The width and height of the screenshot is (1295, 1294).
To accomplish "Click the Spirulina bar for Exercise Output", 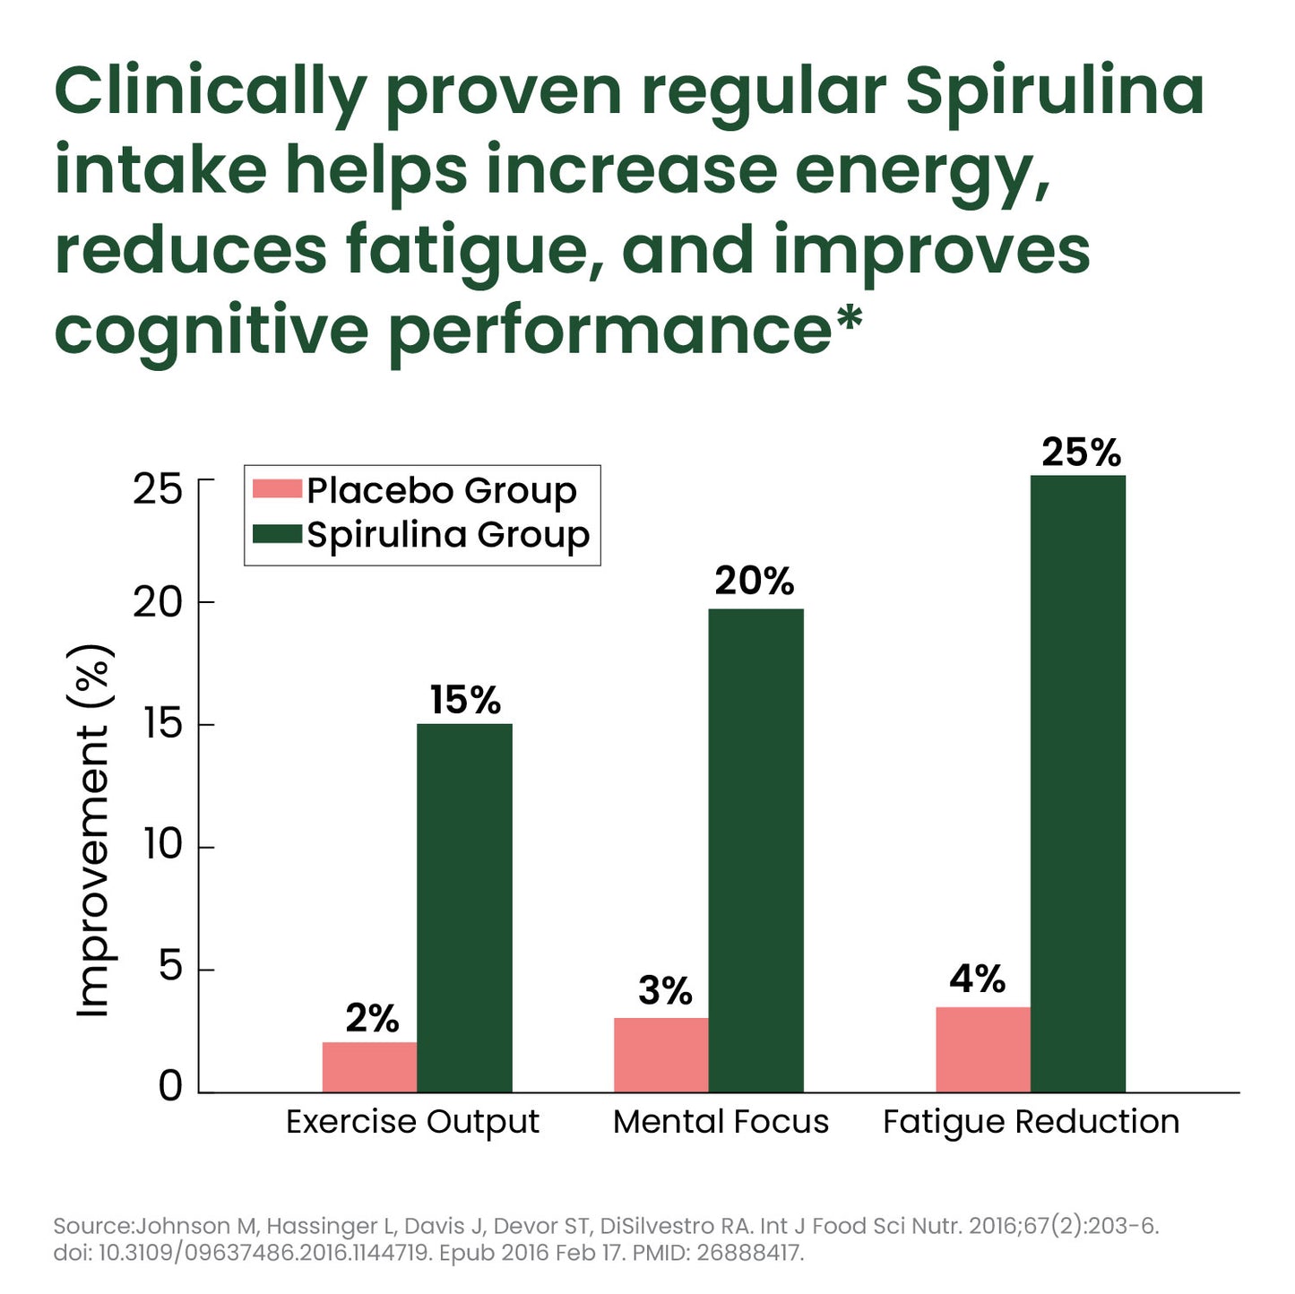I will coord(464,907).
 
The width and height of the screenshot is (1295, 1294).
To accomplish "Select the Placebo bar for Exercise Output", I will coord(369,1066).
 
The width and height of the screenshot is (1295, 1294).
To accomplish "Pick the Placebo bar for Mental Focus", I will coord(660,1055).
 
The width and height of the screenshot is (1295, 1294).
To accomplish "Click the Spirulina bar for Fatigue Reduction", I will coord(1077,783).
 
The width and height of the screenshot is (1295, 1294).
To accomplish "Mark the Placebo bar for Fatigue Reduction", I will coord(982,1049).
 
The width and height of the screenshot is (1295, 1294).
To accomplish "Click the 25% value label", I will coord(1081,453).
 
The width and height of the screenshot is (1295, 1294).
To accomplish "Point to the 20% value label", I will coord(754,582).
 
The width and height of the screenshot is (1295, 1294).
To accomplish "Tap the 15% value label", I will coord(464,700).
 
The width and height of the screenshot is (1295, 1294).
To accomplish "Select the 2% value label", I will coord(372,1018).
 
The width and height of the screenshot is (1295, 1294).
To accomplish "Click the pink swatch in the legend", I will coord(277,489).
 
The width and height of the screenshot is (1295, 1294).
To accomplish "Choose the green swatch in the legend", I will coord(277,534).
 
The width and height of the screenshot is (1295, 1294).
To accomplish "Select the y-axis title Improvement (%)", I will coord(93,831).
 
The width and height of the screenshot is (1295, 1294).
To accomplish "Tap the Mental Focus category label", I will coord(721,1121).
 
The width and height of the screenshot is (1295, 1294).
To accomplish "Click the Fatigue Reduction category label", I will coord(1031,1122).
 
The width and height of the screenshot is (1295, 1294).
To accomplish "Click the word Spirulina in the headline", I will coord(1055,92).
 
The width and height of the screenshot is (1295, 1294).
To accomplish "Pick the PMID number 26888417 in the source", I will coord(748,1253).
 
